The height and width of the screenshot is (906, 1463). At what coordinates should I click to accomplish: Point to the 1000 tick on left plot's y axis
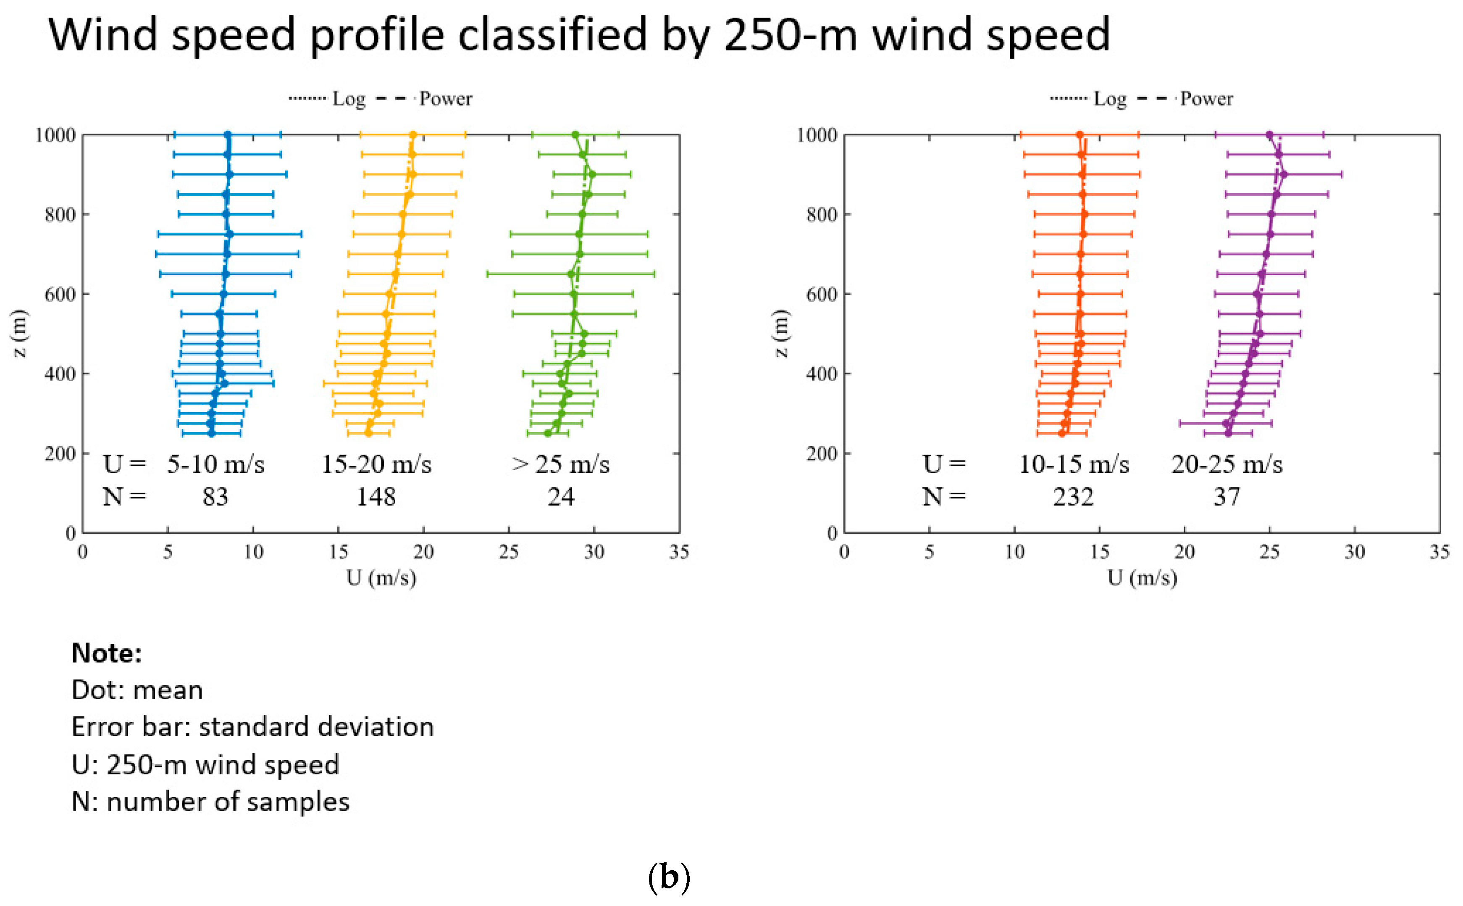[55, 135]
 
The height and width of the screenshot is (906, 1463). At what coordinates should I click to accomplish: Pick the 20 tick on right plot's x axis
[1184, 551]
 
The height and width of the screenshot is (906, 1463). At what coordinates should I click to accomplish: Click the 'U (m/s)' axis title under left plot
[381, 578]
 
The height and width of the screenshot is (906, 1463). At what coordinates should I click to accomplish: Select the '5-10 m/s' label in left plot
[215, 464]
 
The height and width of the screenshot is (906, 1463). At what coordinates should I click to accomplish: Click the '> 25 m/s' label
[560, 464]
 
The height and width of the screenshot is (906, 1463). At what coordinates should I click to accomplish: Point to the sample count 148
[376, 497]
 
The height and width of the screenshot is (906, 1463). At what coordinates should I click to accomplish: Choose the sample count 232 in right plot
[1073, 497]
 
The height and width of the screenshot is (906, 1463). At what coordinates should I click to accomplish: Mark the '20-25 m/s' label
[1227, 464]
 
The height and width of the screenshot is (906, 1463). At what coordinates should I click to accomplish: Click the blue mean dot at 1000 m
[228, 135]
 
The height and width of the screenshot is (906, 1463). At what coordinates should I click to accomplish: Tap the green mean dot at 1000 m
[575, 135]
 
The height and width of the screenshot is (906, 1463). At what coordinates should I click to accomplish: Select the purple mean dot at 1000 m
[1269, 135]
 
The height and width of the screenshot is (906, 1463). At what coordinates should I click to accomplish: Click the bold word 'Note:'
[107, 653]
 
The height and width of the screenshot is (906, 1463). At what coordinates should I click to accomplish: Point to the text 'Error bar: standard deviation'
[252, 727]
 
